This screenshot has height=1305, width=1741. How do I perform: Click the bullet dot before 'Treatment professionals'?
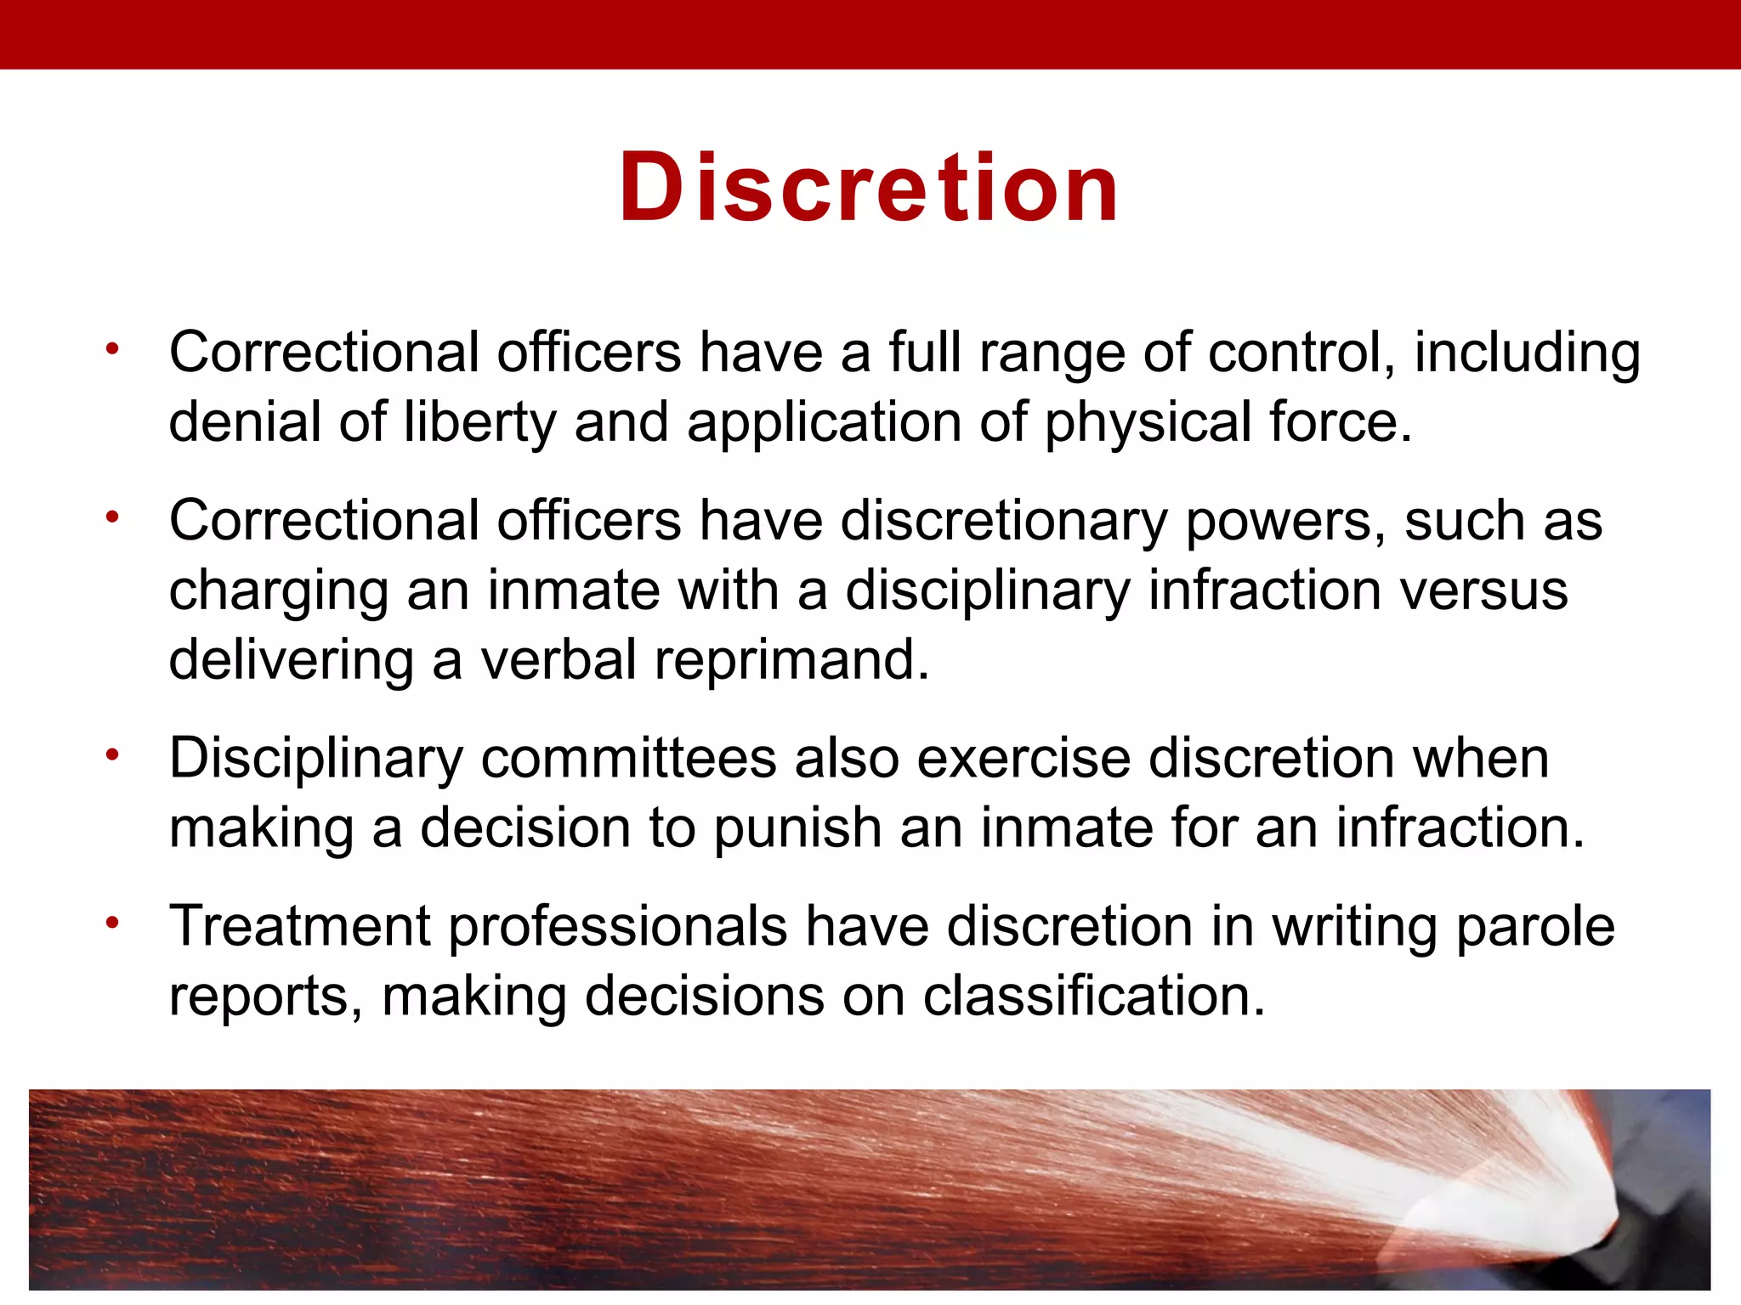[x=112, y=922]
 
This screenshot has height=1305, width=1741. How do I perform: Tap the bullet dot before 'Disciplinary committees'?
[x=112, y=754]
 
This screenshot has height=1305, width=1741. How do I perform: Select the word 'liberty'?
[x=479, y=422]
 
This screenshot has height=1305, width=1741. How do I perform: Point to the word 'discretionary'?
[x=1004, y=520]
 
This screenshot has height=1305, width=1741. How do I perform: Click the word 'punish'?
[x=797, y=828]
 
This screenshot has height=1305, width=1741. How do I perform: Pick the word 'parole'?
[x=1535, y=925]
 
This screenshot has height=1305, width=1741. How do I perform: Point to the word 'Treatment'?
[x=300, y=925]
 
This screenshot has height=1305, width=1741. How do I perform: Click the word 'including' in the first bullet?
[x=1527, y=353]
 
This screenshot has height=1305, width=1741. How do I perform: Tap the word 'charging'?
[x=278, y=590]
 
